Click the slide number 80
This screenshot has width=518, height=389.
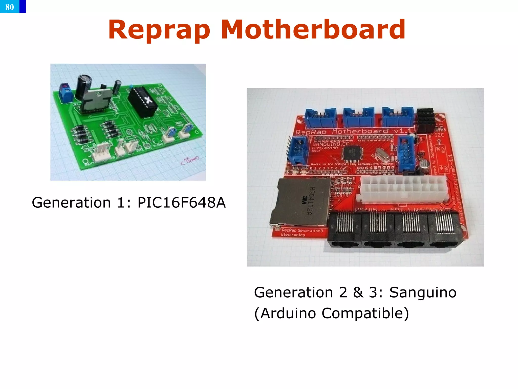10,7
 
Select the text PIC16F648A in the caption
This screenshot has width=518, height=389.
181,203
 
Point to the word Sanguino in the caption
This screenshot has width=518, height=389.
423,292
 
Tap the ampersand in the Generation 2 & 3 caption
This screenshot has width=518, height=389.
358,292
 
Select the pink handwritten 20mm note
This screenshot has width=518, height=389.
190,161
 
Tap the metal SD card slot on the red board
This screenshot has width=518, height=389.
300,203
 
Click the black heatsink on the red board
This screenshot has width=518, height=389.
425,120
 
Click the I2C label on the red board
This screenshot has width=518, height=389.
439,135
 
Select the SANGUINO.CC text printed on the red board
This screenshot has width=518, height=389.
331,144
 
